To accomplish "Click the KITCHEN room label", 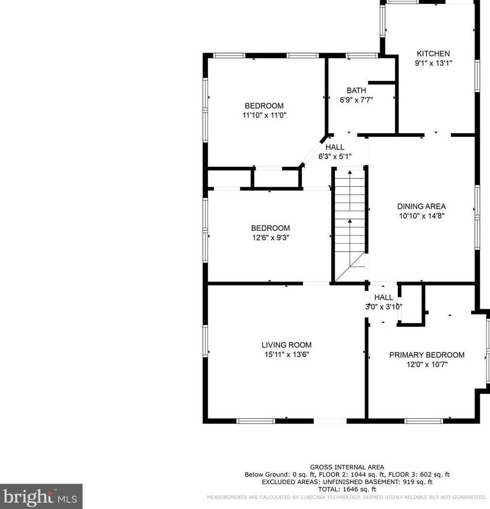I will [433, 54].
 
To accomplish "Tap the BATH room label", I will [356, 91].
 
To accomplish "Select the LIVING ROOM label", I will [286, 345].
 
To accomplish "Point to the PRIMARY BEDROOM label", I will [427, 355].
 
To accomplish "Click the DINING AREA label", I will [421, 206].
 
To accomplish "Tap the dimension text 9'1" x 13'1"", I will [433, 63].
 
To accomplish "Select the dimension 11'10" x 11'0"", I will [264, 115].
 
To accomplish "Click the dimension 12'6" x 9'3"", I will [270, 237].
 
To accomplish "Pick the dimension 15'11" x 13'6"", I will [286, 354].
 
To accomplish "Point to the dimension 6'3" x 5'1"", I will [334, 156].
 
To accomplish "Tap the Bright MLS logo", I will [41, 496].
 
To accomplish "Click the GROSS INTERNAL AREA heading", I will [347, 467].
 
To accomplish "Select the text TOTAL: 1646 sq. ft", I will [347, 489].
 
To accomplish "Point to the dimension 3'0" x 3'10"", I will [384, 307].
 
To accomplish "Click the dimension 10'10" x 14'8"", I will [421, 216].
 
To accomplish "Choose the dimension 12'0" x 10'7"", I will [427, 364].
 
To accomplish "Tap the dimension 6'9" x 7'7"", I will [356, 100].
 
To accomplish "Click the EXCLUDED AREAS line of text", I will [347, 482].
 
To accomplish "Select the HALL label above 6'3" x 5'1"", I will [334, 147].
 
